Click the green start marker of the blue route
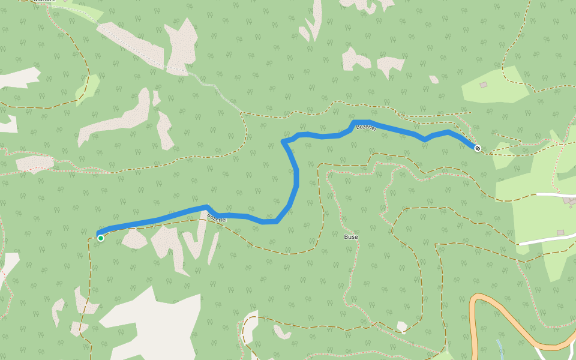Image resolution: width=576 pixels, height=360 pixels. tap(101, 238)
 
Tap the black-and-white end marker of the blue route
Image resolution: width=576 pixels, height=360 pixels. tap(478, 148)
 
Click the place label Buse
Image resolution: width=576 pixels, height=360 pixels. tap(351, 237)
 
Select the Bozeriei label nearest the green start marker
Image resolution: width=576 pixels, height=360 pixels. tap(217, 218)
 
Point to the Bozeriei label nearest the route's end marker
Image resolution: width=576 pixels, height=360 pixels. tap(365, 128)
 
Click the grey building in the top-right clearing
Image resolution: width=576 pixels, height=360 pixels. tap(484, 85)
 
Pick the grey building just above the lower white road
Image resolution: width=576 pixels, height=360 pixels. tap(560, 232)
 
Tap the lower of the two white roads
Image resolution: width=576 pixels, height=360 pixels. tap(546, 239)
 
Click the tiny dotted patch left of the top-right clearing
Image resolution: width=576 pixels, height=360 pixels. tap(433, 79)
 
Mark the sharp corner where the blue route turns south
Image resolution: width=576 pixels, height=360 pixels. tap(283, 142)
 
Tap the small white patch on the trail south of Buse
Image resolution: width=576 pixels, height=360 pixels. tap(401, 326)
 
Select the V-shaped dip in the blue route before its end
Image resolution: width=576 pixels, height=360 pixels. tap(425, 139)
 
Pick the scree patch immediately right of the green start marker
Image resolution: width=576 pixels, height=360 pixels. tap(133, 239)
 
